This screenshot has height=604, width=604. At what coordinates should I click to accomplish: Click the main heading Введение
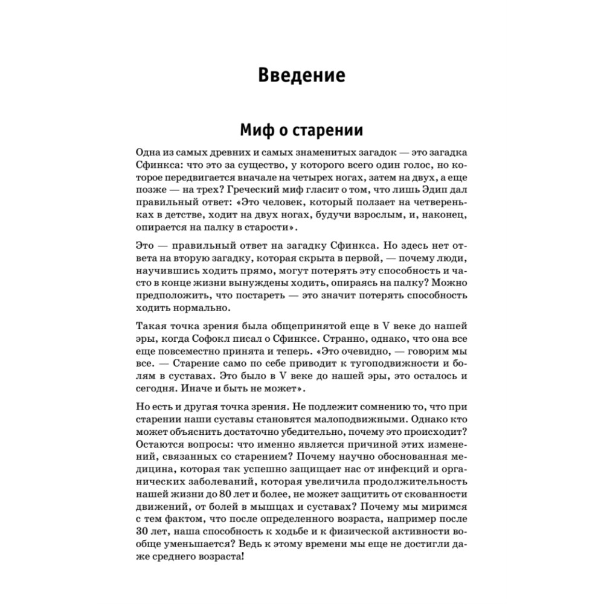coord(301,75)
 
